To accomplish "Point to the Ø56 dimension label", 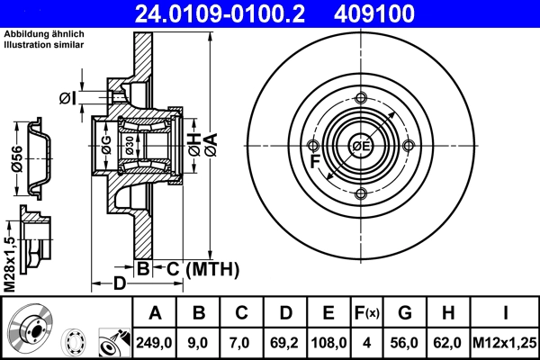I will coord(15,159).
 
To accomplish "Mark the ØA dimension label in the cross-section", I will coord(211,145).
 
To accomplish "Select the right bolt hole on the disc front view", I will coord(408,146).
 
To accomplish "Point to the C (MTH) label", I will coord(200,267).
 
